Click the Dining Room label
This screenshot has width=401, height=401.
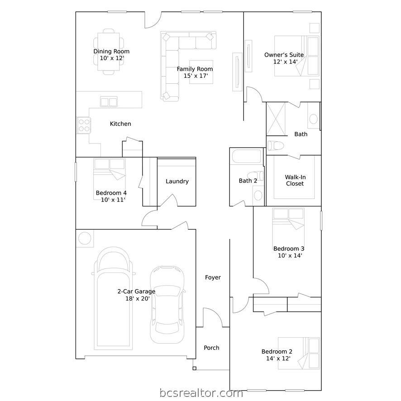click(111, 52)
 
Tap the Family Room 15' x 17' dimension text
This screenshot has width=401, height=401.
click(196, 76)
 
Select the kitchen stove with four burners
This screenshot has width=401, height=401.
click(84, 125)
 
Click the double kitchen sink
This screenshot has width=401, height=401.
click(109, 102)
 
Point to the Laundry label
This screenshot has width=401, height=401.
click(177, 181)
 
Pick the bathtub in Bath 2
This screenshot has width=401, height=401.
click(246, 156)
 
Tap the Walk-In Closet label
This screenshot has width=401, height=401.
click(295, 180)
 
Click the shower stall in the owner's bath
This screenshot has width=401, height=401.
click(276, 119)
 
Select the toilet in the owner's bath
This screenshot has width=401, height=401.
click(276, 146)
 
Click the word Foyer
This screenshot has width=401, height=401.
click(213, 277)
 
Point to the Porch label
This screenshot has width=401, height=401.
click(211, 348)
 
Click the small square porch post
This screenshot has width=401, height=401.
click(194, 368)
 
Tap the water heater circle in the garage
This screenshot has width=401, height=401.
click(85, 239)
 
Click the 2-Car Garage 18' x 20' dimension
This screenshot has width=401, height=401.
click(138, 298)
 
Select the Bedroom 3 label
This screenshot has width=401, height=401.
click(289, 248)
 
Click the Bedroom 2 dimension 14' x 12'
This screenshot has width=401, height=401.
click(278, 358)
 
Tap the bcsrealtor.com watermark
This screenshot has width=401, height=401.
click(201, 393)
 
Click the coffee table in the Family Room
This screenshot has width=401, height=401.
click(201, 72)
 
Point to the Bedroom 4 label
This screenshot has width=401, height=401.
click(111, 193)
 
